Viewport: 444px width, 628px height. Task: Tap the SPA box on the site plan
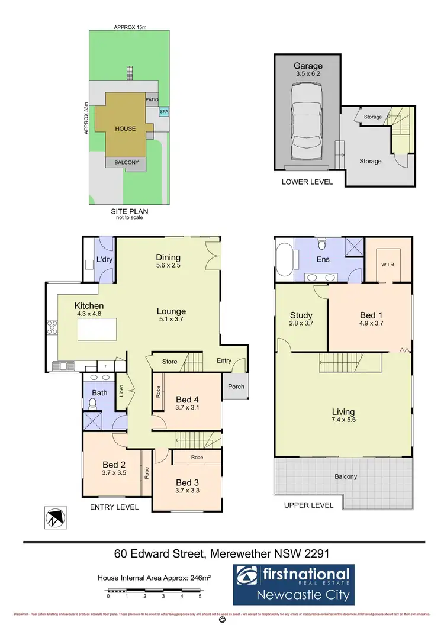163,111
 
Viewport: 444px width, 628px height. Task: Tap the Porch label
236,387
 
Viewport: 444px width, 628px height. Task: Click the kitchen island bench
97,331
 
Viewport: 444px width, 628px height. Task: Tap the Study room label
301,315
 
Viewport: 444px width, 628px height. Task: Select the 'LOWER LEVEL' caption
307,182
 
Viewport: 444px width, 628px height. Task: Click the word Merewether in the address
243,554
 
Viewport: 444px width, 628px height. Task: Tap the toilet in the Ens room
320,244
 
